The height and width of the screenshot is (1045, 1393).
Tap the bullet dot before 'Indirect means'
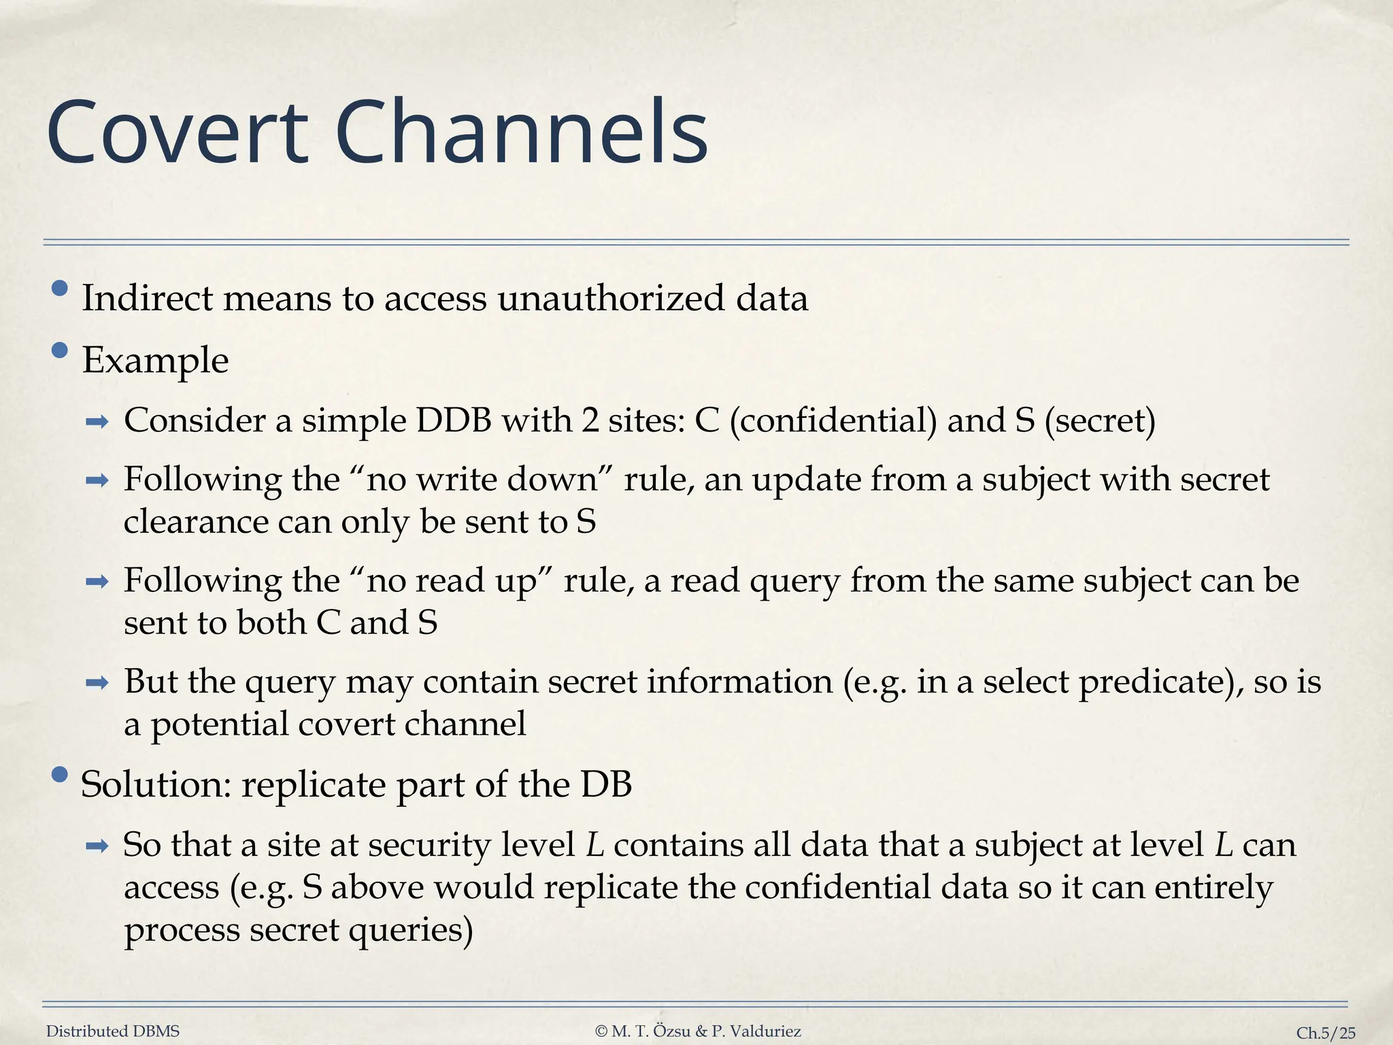(x=60, y=288)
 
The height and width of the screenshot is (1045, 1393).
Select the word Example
(x=155, y=361)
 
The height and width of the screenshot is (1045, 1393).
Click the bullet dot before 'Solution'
(x=60, y=775)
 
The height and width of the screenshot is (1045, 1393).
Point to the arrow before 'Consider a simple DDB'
(x=97, y=422)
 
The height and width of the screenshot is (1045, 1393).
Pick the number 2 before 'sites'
(x=590, y=420)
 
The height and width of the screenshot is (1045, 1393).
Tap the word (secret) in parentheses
(x=1100, y=420)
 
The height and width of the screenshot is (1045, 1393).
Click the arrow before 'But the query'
(x=97, y=682)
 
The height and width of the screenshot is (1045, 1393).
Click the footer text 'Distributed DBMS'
(x=113, y=1031)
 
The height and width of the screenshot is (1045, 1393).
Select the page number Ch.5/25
(x=1326, y=1033)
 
